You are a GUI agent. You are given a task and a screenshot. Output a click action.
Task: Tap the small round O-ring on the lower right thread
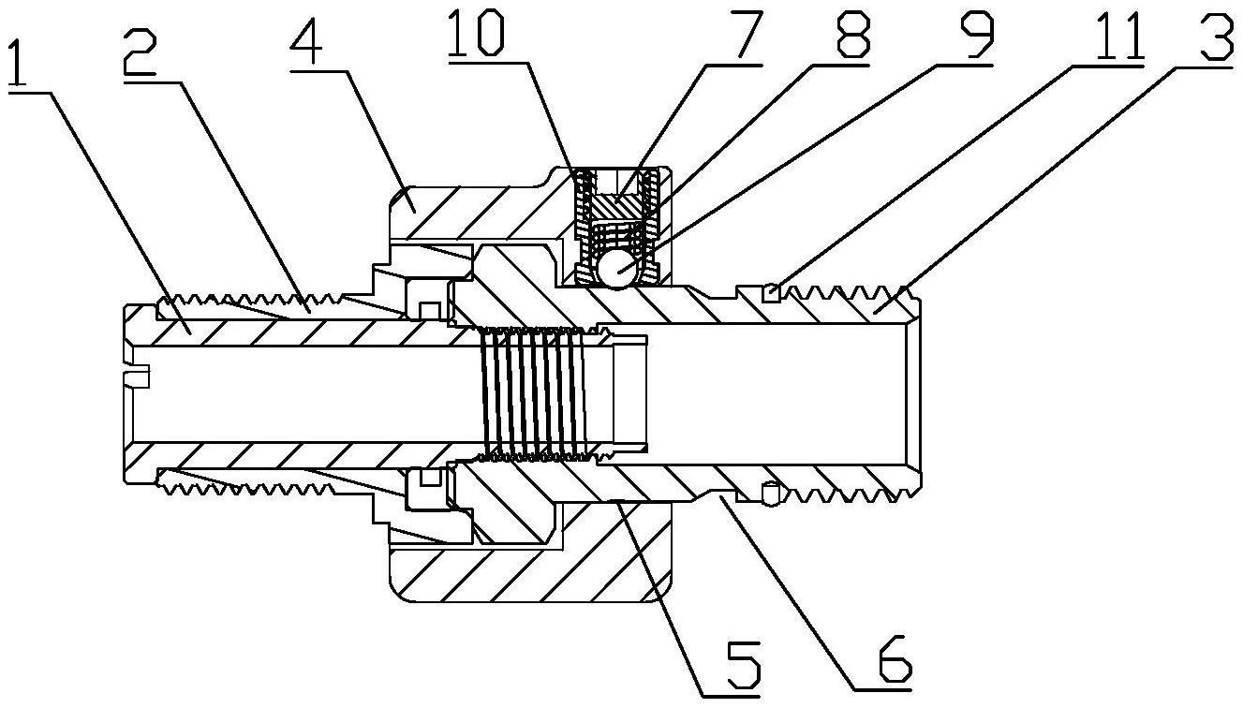coord(770,491)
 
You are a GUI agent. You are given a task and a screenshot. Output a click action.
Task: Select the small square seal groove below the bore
coord(430,479)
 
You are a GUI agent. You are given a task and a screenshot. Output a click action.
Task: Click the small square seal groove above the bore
coord(430,309)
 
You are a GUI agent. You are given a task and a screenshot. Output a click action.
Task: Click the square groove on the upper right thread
coord(770,293)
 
